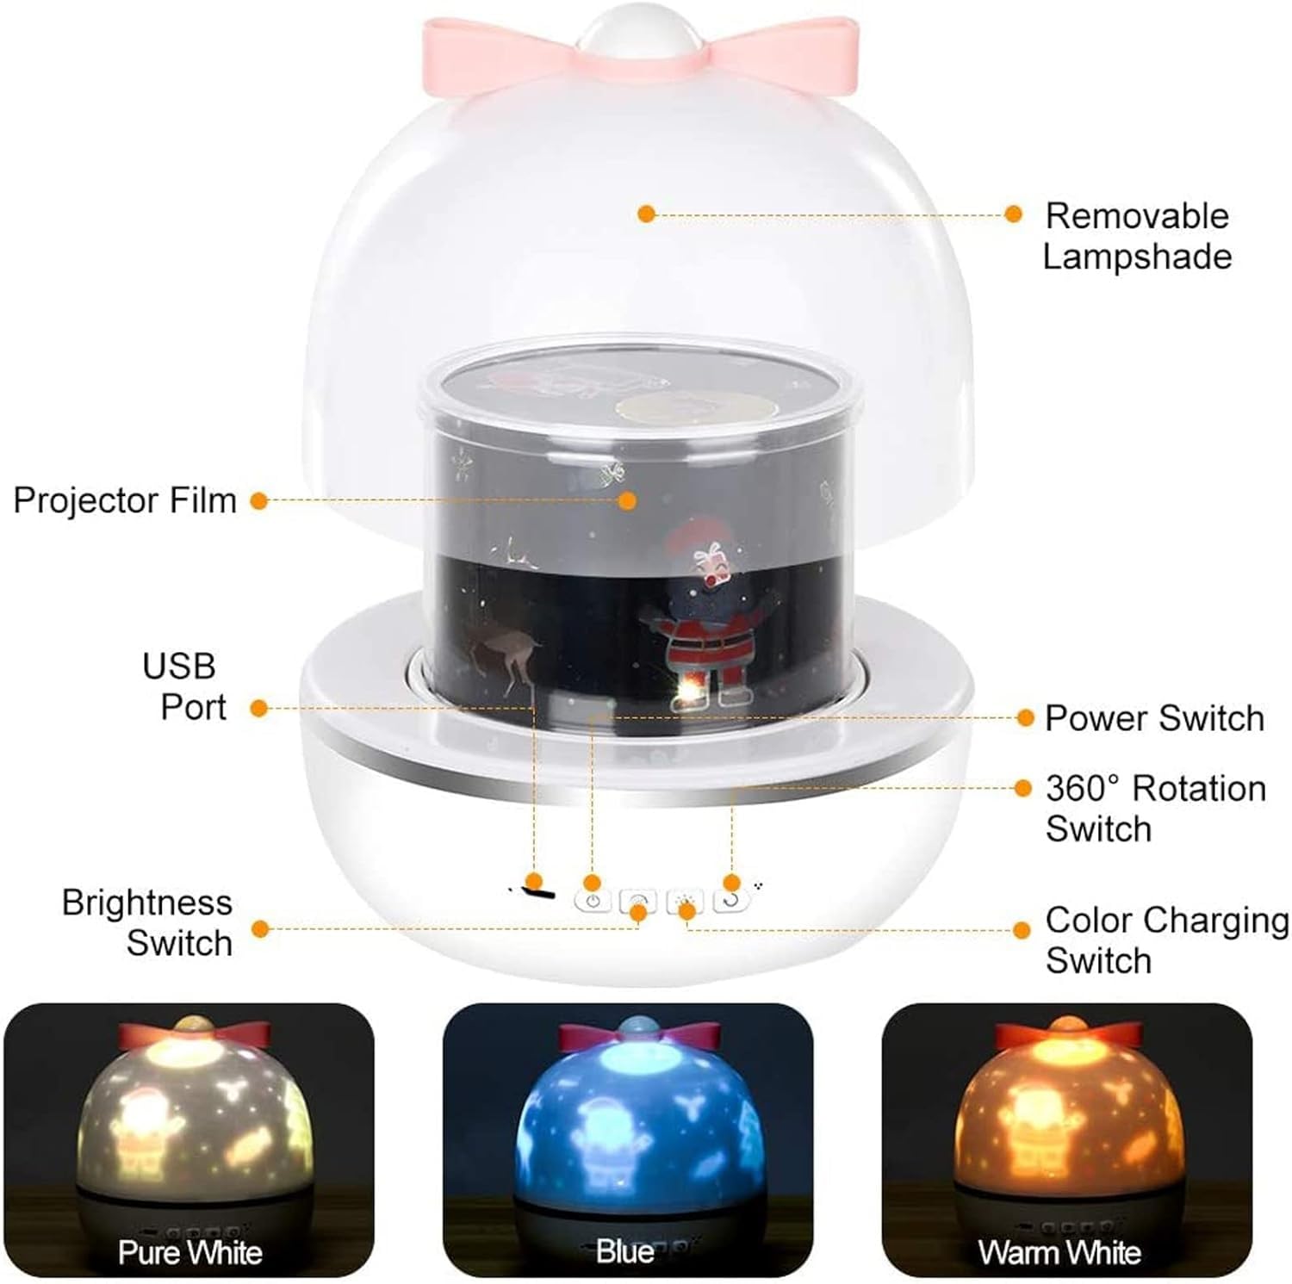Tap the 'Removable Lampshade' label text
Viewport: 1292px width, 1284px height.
pyautogui.click(x=1137, y=236)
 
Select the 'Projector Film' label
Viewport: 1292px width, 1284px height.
pyautogui.click(x=125, y=500)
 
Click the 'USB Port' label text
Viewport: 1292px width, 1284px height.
pyautogui.click(x=184, y=686)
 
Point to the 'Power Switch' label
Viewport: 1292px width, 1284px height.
pyautogui.click(x=1154, y=717)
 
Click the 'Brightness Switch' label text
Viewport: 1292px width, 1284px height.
pyautogui.click(x=147, y=922)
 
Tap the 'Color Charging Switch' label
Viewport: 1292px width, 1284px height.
pyautogui.click(x=1167, y=940)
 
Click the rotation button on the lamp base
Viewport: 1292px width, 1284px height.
pyautogui.click(x=731, y=901)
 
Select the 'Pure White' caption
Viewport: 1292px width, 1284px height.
pyautogui.click(x=189, y=1251)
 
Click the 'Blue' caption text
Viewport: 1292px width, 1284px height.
pyautogui.click(x=625, y=1250)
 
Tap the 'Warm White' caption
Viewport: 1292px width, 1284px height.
pyautogui.click(x=1059, y=1251)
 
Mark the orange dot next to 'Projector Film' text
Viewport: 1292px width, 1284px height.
pyautogui.click(x=258, y=500)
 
